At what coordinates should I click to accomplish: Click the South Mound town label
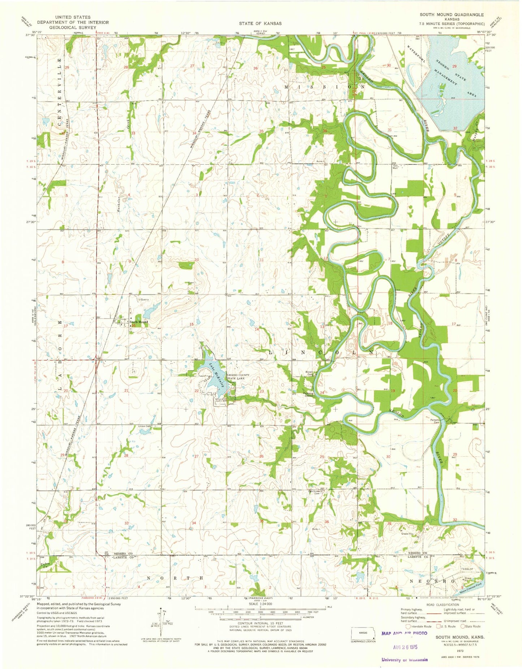click(139, 322)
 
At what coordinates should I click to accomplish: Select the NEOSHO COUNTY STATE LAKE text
click(238, 377)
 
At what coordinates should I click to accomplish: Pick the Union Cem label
click(144, 426)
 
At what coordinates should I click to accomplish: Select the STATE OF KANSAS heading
click(260, 23)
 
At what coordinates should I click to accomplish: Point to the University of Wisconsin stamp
click(405, 660)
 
